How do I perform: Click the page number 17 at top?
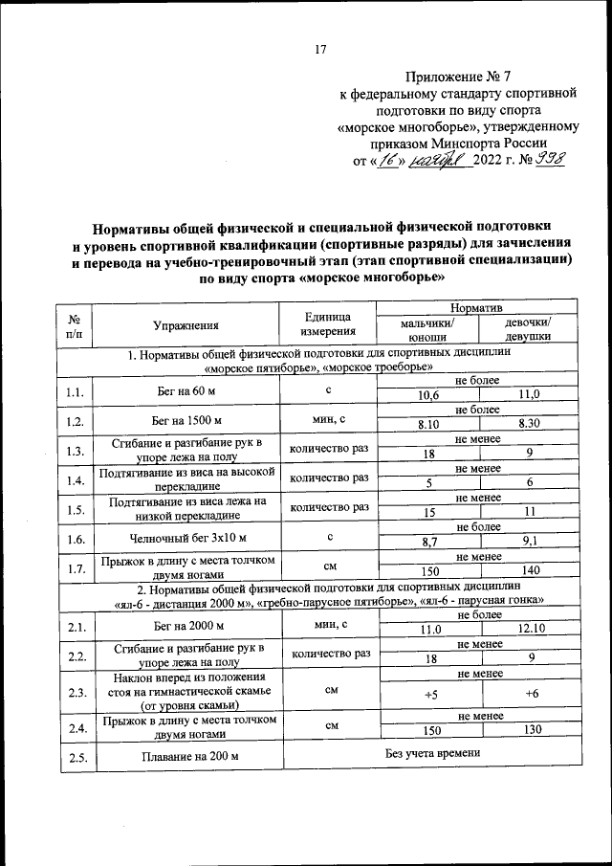tap(320, 51)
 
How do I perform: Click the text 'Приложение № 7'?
tap(458, 76)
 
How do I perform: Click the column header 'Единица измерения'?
tap(328, 324)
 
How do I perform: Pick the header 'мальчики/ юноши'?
tap(428, 330)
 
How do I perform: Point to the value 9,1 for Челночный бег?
tap(529, 542)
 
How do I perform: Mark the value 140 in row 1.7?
tap(529, 570)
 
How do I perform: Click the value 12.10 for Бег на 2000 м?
tap(529, 629)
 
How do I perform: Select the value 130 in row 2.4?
tap(529, 731)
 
